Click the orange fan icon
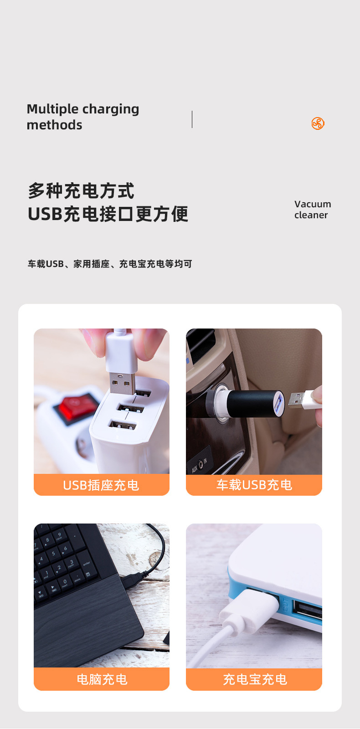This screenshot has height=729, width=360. coord(318,123)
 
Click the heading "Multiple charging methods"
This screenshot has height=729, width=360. coord(83,117)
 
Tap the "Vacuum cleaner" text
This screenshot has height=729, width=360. coord(313,210)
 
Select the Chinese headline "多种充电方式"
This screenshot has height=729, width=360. coord(81,191)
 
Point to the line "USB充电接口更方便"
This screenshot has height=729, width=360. coord(108,214)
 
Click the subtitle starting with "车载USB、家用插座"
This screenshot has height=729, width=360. coord(110,264)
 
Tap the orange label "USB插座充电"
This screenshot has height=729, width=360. coord(101,485)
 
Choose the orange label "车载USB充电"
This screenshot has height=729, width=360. coord(254,485)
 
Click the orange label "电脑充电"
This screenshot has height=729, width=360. coord(102,679)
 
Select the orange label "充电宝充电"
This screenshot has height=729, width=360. coord(254,679)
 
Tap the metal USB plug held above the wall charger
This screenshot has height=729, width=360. coord(123,383)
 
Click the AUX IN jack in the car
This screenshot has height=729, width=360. coord(201,464)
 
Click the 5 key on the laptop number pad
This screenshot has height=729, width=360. coord(54,554)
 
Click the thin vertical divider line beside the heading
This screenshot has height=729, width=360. coord(192,119)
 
